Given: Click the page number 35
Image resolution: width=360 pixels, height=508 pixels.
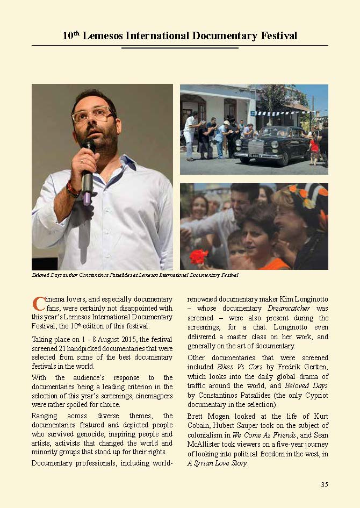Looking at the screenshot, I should point(324,484).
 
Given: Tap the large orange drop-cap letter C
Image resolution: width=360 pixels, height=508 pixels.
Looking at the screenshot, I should point(38,303).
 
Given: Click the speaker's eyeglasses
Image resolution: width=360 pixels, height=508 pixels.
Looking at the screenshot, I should point(92,115).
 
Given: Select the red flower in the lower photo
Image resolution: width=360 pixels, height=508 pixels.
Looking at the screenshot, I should point(198,257).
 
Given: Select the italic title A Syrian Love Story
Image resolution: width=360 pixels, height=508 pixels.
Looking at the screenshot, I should point(218,463).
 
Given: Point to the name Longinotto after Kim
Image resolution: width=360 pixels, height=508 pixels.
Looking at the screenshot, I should point(308,298).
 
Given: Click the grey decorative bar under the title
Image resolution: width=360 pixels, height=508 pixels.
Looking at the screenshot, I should point(179,48).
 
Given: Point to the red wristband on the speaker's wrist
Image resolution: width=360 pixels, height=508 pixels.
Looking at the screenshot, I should point(72,189).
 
